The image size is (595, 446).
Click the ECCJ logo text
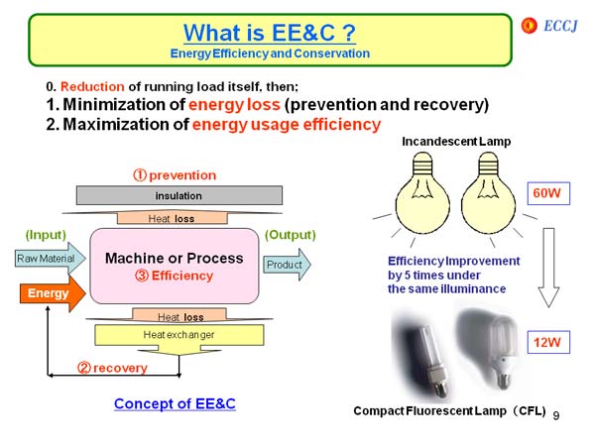point(559,23)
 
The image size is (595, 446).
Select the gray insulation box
point(178,195)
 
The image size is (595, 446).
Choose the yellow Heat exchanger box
point(178,335)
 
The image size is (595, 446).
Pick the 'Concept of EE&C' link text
point(175,403)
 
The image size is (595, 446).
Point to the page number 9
point(557,413)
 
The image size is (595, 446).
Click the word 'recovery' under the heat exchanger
point(120,368)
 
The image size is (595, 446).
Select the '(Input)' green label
point(46,235)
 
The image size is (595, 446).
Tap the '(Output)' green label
point(290,235)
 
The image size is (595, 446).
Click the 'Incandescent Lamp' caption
point(456,142)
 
